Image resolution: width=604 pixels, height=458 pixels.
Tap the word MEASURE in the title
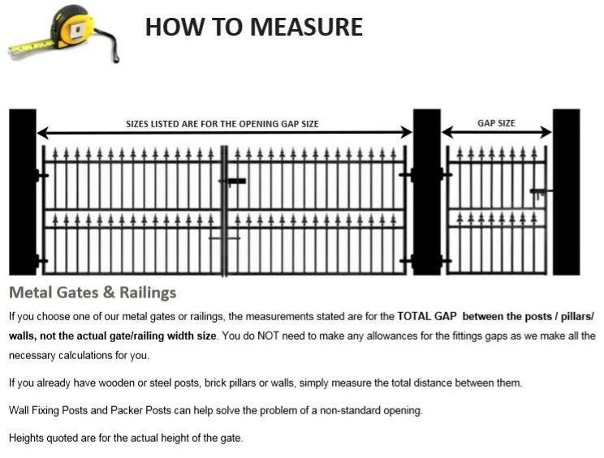pyautogui.click(x=306, y=27)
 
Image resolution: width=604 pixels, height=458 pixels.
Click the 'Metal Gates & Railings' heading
pyautogui.click(x=93, y=293)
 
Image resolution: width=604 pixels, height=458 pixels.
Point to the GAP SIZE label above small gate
pyautogui.click(x=496, y=123)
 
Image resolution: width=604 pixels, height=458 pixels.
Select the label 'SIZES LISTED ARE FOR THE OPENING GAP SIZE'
pyautogui.click(x=222, y=124)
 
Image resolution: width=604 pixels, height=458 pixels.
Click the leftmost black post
pyautogui.click(x=23, y=192)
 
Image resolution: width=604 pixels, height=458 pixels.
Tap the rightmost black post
pyautogui.click(x=567, y=192)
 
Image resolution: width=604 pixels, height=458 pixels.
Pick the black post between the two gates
pyautogui.click(x=427, y=192)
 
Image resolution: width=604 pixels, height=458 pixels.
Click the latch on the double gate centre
pyautogui.click(x=232, y=181)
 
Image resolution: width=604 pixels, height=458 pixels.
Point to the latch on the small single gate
pyautogui.click(x=539, y=193)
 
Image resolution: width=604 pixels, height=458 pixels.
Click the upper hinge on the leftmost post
pyautogui.click(x=41, y=176)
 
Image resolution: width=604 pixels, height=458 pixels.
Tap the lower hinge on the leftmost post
pyautogui.click(x=41, y=261)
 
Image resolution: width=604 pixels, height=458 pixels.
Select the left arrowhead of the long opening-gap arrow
pyautogui.click(x=42, y=133)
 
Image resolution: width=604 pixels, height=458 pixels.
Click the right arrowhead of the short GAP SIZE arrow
pyautogui.click(x=546, y=132)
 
